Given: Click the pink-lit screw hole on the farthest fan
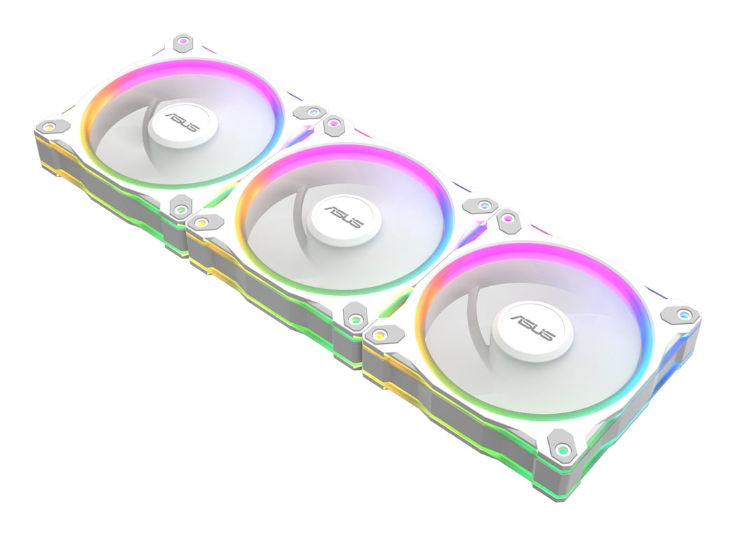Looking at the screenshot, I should (x=183, y=42).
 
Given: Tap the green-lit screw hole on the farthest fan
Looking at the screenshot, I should (x=180, y=207).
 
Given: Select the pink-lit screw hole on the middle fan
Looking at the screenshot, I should (x=334, y=124).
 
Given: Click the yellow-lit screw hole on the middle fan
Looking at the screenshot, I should (x=201, y=223).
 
